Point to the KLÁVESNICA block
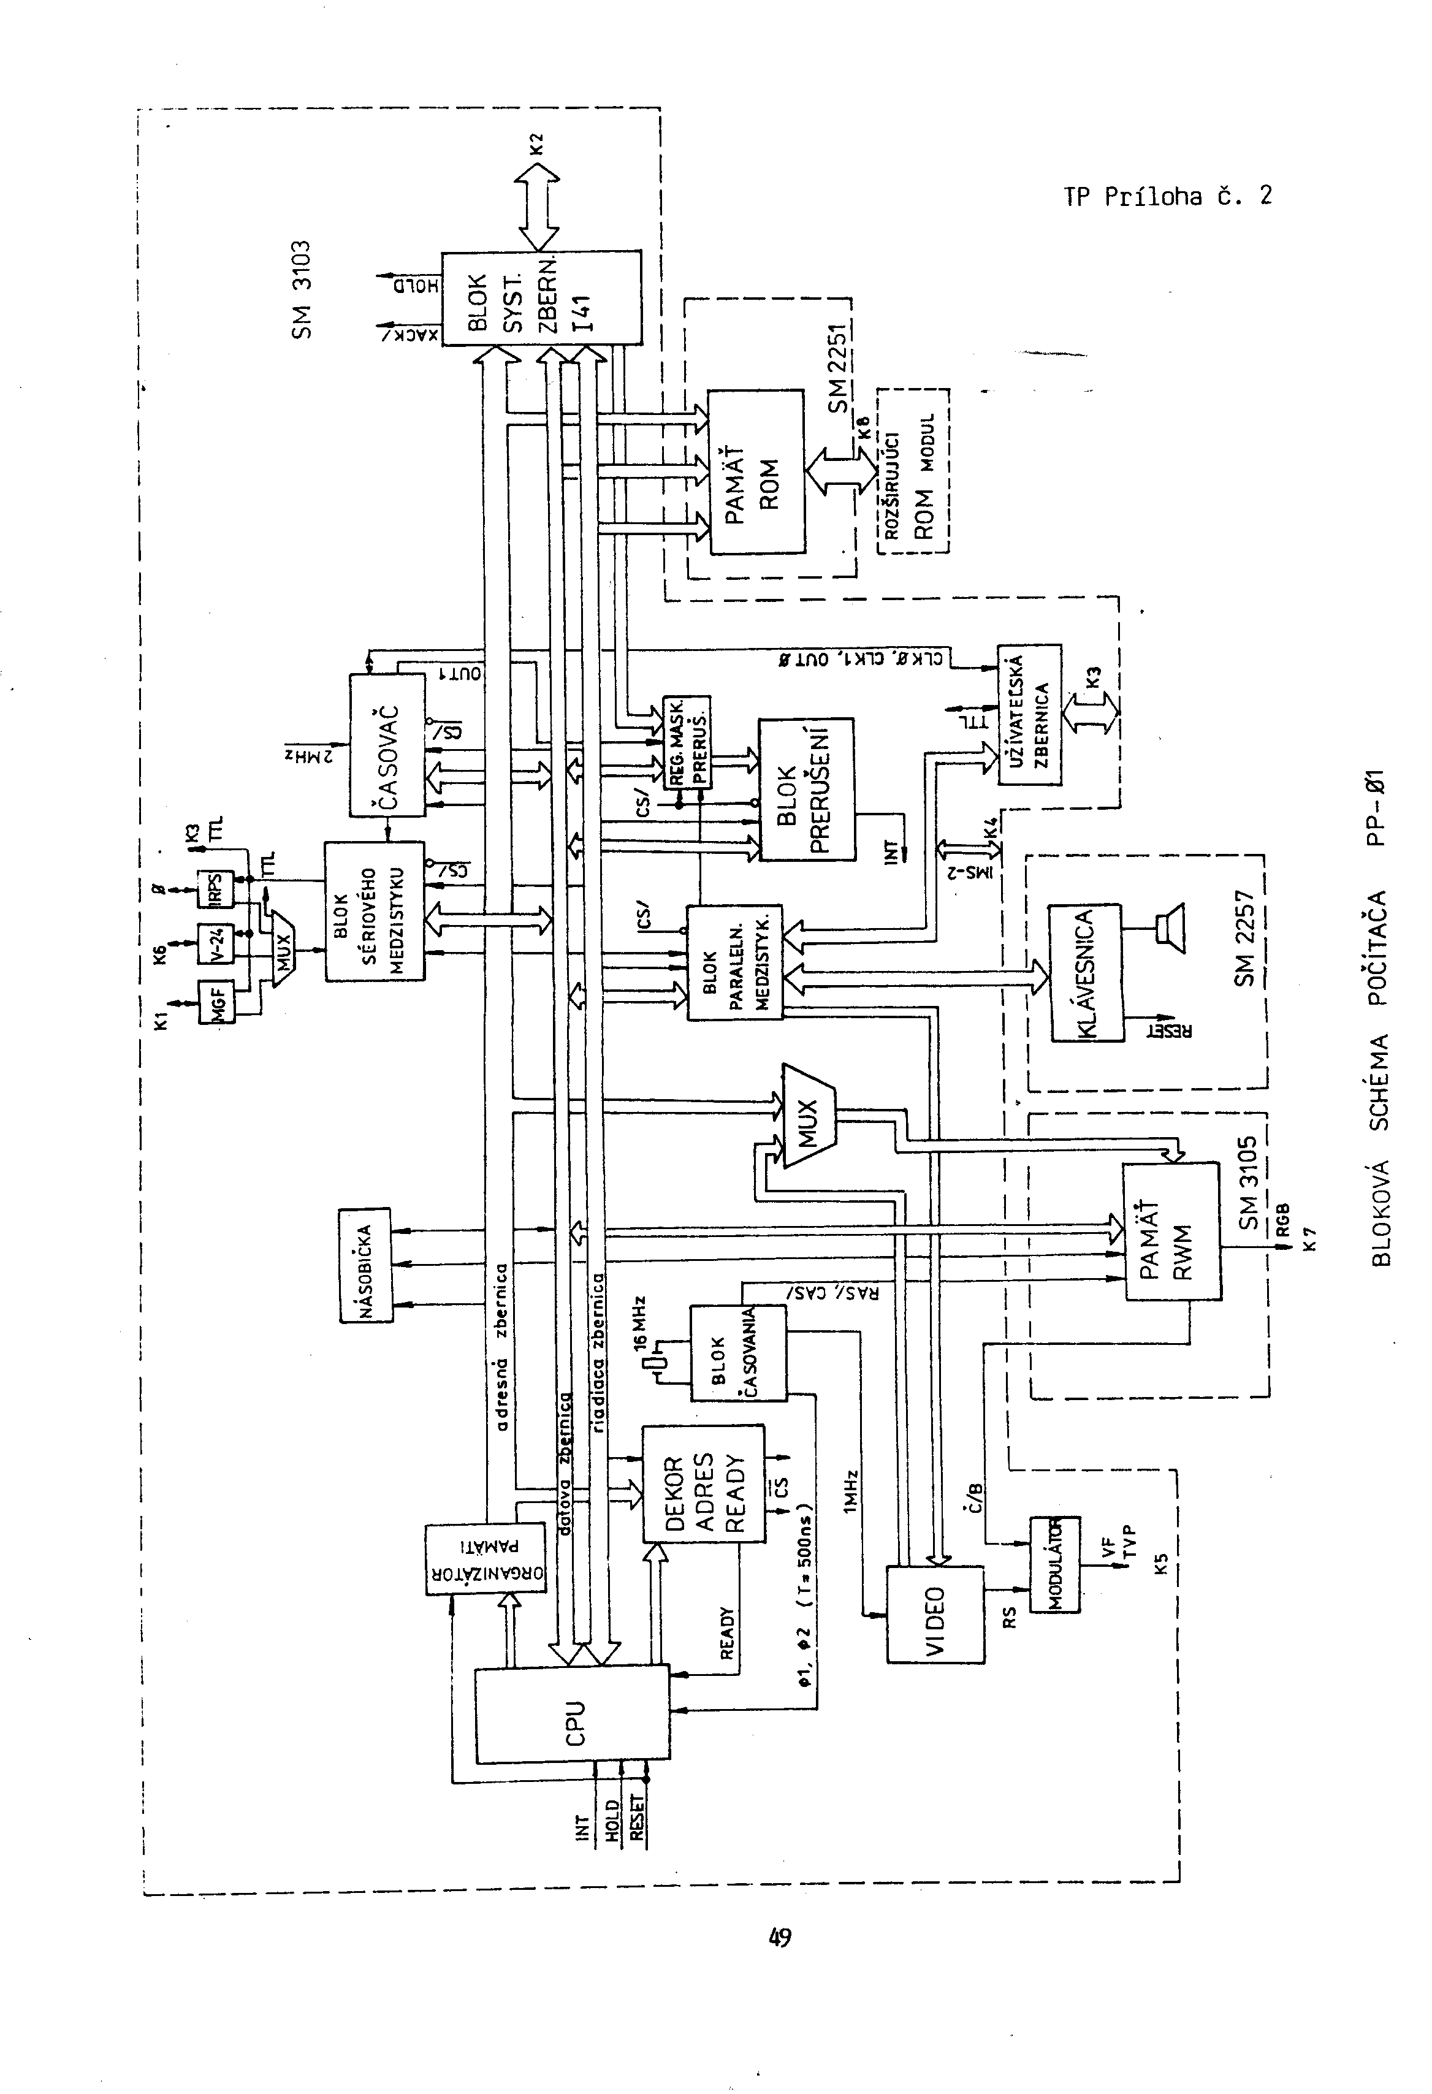(x=1086, y=973)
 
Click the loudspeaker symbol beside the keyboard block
(x=1171, y=929)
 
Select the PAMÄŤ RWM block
(x=1171, y=1231)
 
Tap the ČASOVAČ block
(x=387, y=744)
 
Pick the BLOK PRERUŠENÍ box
(x=805, y=790)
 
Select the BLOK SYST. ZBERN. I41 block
(x=541, y=297)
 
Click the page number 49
(x=780, y=1936)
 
